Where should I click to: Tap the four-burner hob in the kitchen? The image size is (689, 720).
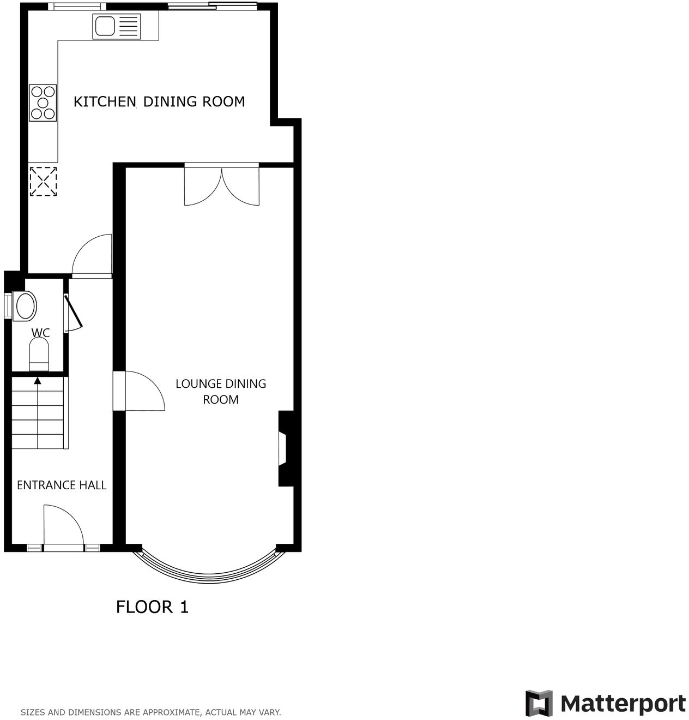point(43,102)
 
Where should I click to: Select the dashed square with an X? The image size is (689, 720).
point(43,181)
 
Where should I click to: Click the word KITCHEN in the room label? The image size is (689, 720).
point(105,101)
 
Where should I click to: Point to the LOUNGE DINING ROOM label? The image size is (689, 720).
point(221,391)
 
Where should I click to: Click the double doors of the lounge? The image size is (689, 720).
point(222,186)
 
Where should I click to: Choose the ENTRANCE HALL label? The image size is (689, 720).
point(62,485)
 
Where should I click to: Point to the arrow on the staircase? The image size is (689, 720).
point(38,381)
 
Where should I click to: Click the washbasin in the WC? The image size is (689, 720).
point(25,305)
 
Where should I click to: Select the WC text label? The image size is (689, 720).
point(40,333)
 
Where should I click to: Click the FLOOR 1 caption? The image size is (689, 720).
point(152,607)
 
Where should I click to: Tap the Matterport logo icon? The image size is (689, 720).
point(539,703)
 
